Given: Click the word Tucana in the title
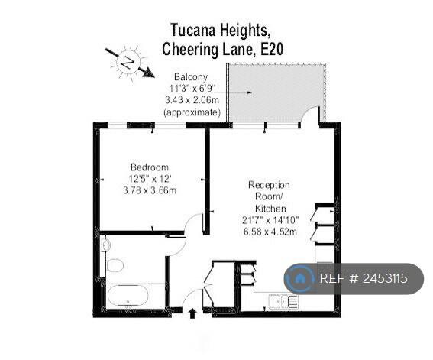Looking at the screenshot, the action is [193, 30].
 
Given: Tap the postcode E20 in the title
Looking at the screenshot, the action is [272, 50].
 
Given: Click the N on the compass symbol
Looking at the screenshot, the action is [128, 63].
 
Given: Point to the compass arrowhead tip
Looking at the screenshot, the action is [154, 77].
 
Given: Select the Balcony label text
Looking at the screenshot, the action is [191, 76].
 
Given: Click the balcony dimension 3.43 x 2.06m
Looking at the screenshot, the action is [192, 99].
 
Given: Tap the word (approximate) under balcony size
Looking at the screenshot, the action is [192, 112].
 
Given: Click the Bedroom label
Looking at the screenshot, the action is [150, 167].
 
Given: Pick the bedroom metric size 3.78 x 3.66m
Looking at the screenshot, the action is [150, 190].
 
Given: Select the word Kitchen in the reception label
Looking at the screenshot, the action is [270, 209].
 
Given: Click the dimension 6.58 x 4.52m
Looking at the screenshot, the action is [270, 232].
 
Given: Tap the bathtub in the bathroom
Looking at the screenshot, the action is [128, 296].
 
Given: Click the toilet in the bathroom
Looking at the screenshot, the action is [115, 265].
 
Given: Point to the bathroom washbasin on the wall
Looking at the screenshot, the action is [105, 245].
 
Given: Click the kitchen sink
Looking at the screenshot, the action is [283, 301].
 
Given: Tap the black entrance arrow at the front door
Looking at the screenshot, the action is [192, 313].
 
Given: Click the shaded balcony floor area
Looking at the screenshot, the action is [276, 92].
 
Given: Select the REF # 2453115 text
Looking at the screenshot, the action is [364, 278].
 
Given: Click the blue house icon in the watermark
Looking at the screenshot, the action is [299, 278].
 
